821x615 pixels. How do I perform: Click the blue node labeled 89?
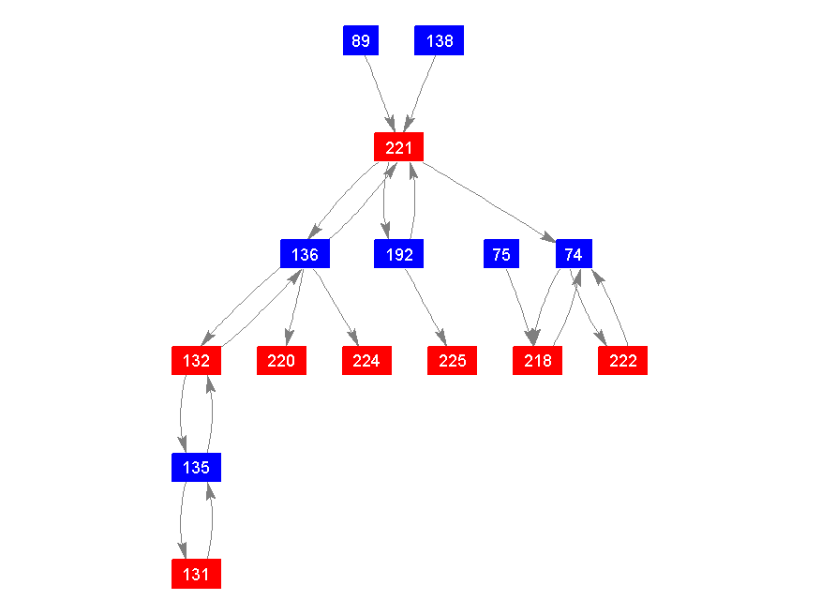click(361, 40)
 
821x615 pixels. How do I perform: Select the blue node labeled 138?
click(440, 40)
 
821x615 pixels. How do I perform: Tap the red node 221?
click(399, 147)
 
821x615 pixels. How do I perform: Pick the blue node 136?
click(305, 254)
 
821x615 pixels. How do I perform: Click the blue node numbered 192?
click(399, 254)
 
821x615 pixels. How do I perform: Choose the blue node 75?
click(501, 254)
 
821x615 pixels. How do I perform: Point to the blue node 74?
click(574, 254)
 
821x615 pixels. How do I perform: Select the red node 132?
click(196, 361)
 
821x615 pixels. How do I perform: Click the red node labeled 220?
click(281, 361)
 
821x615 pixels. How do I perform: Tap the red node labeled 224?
click(366, 361)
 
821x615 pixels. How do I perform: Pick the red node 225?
click(453, 361)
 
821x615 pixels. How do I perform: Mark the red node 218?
click(538, 361)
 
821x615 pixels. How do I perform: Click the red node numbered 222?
click(623, 361)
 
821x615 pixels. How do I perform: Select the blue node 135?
click(196, 467)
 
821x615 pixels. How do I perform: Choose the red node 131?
click(196, 574)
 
